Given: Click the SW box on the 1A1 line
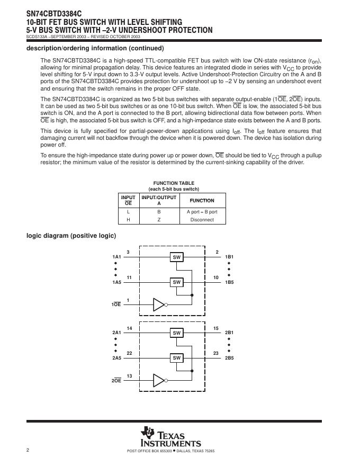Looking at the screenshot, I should pyautogui.click(x=177, y=257).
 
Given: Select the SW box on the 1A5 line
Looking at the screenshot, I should pyautogui.click(x=177, y=282).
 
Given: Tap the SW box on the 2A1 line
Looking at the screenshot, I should pyautogui.click(x=177, y=333).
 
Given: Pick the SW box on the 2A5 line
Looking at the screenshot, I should pyautogui.click(x=177, y=358).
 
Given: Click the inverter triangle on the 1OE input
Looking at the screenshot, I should pyautogui.click(x=159, y=304).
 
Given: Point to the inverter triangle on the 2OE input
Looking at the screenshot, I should pyautogui.click(x=159, y=380).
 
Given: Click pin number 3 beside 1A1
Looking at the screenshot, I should pyautogui.click(x=128, y=252).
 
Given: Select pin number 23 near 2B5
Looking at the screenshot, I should pyautogui.click(x=216, y=353).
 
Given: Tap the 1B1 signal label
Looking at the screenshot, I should pyautogui.click(x=229, y=257).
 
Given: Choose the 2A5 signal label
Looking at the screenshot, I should pyautogui.click(x=116, y=358).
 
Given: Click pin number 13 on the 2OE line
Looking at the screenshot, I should pyautogui.click(x=129, y=375).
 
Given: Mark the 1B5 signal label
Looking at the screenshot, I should pyautogui.click(x=229, y=282).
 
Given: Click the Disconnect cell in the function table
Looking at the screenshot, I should pyautogui.click(x=202, y=220).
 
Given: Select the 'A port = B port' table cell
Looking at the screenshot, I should pyautogui.click(x=202, y=211).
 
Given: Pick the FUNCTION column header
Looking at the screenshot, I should pyautogui.click(x=202, y=200).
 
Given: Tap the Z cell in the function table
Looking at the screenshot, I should pyautogui.click(x=159, y=220).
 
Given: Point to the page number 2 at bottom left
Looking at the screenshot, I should pyautogui.click(x=28, y=450).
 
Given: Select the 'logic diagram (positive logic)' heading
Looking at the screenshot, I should pyautogui.click(x=71, y=236).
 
